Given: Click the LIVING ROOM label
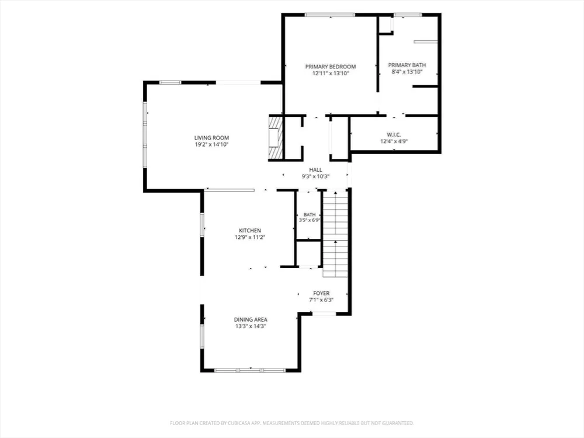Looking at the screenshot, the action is [x=211, y=138].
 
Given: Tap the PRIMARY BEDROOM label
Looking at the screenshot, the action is [x=331, y=67].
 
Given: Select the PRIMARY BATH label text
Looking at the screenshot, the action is [x=407, y=65].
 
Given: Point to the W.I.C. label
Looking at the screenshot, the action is [x=394, y=134].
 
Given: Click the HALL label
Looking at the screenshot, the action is [x=315, y=170].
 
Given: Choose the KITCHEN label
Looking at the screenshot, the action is [x=250, y=231].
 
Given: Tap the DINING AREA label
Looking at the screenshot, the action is [x=251, y=319].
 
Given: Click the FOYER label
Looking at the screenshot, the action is [x=321, y=294].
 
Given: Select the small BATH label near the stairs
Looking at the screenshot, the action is [x=310, y=214].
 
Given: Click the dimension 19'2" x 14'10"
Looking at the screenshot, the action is [x=211, y=144].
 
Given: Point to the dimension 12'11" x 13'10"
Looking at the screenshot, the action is [x=331, y=74].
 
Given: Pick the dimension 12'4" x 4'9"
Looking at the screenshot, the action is [x=394, y=141].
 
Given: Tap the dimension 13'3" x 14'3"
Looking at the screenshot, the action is [x=251, y=326].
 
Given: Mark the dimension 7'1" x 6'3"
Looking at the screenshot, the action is [x=321, y=300].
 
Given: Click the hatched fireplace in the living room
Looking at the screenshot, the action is [x=276, y=138].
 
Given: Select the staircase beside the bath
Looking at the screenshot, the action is [x=335, y=234].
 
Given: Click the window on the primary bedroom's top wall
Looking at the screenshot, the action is [x=330, y=15].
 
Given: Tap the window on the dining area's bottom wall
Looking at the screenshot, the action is [x=250, y=370].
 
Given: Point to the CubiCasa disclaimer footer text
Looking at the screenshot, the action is [x=292, y=423].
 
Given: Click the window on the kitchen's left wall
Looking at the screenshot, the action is [x=202, y=225].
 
